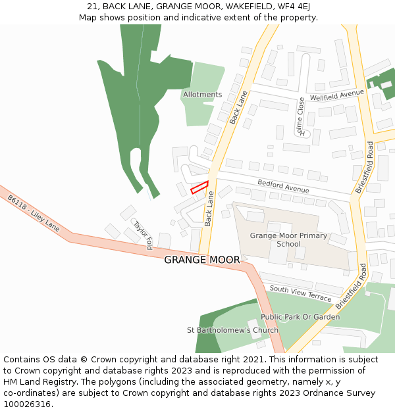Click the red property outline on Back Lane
199,187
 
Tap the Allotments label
202,95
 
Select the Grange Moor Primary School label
288,239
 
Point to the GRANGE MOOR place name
201,260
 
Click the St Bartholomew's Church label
232,330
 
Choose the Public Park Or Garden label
300,317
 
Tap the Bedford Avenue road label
283,186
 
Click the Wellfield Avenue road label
336,95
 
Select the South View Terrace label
300,293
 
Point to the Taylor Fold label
142,235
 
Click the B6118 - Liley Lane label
34,212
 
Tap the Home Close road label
301,116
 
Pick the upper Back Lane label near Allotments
238,106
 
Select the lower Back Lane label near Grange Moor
209,208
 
